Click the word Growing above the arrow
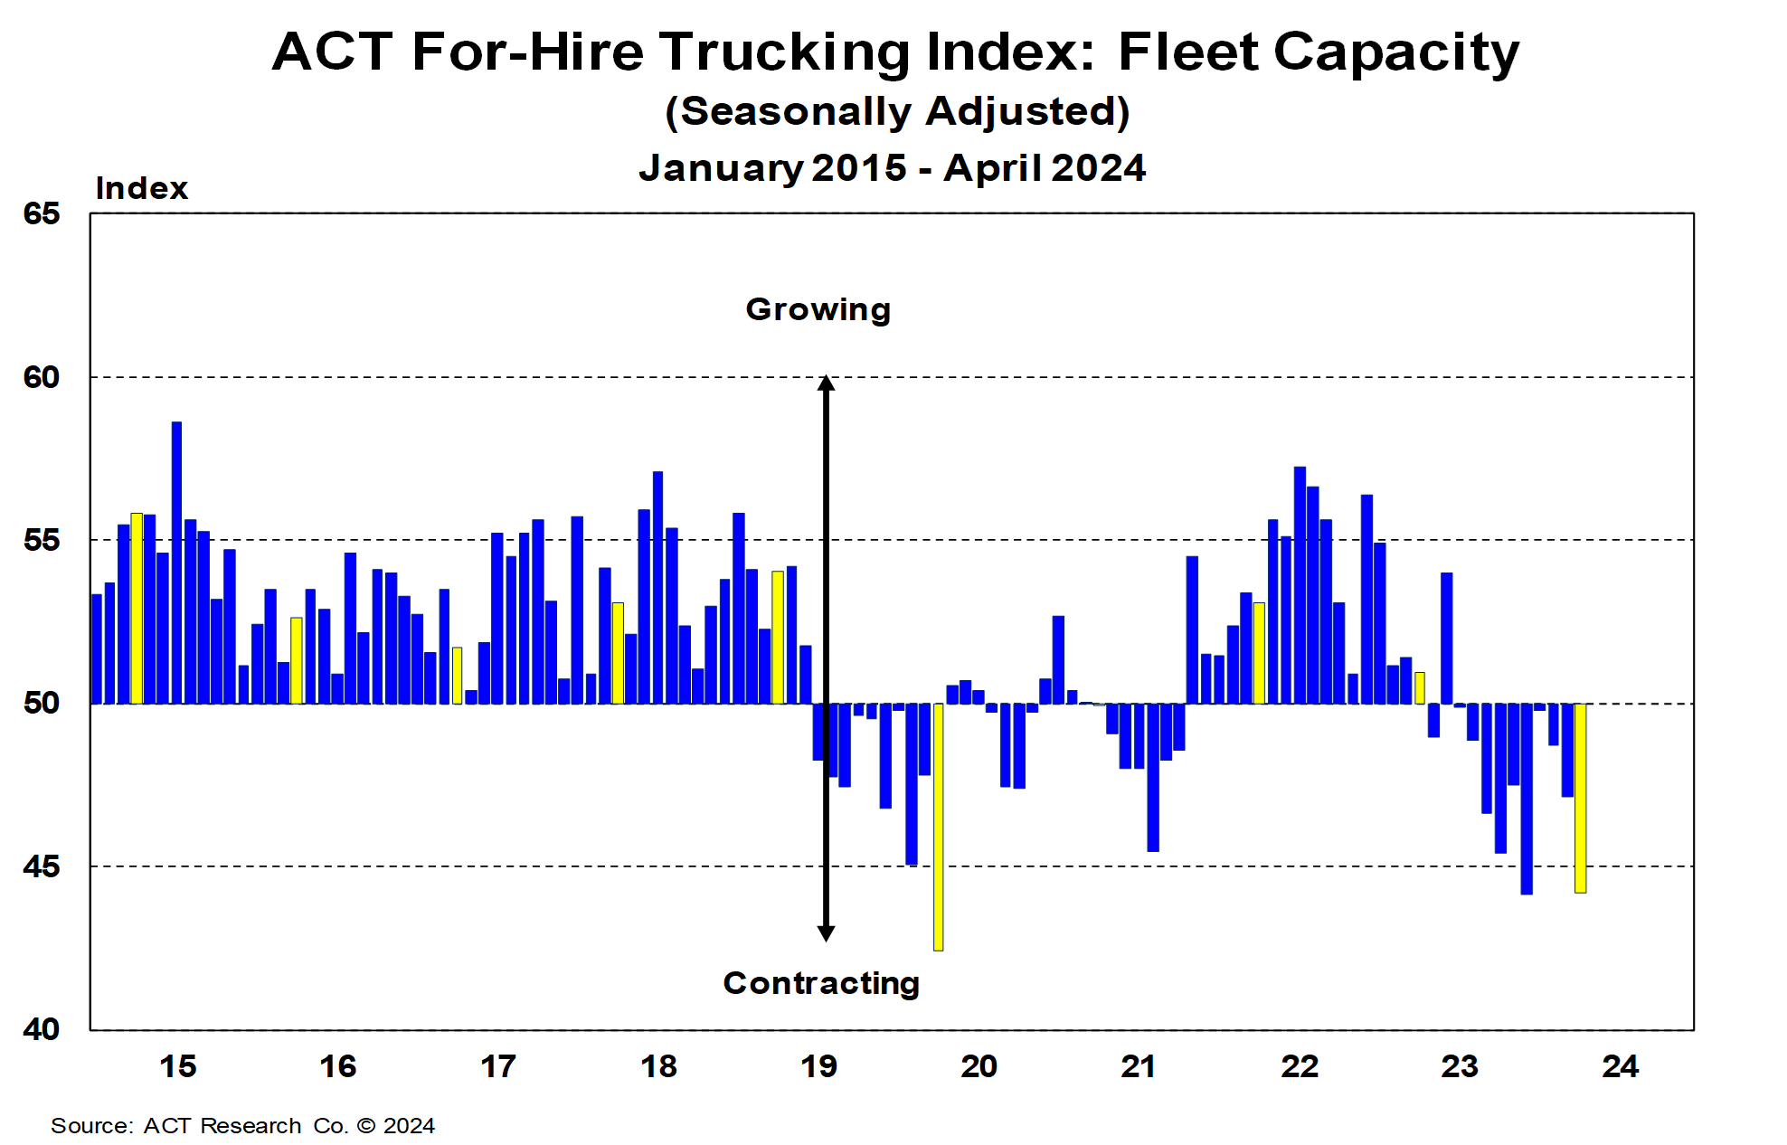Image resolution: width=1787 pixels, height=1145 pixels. click(x=818, y=309)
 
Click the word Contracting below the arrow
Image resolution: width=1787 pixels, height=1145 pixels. click(x=821, y=983)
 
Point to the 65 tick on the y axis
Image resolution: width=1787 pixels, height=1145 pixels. click(x=42, y=214)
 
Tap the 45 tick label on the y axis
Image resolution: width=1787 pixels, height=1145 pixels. click(x=42, y=866)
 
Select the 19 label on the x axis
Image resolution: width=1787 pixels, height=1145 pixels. click(x=818, y=1066)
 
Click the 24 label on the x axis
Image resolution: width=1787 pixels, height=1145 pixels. click(x=1620, y=1066)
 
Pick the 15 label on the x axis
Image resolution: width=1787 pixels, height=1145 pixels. click(x=177, y=1066)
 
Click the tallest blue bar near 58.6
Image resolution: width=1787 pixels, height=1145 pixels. click(x=176, y=561)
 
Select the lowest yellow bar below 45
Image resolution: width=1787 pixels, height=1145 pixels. click(x=938, y=828)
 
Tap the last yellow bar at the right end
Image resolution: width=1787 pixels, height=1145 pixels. click(x=1580, y=798)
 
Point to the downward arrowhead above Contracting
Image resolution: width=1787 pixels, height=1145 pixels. click(x=826, y=932)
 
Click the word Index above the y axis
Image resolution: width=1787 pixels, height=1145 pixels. click(x=142, y=188)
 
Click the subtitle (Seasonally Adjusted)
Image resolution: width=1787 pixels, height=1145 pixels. click(x=897, y=111)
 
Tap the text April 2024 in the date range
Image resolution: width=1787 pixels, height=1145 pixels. click(x=1045, y=168)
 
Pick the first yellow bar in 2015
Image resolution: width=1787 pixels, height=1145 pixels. click(x=137, y=608)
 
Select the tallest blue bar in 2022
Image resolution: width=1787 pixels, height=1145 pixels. click(x=1300, y=584)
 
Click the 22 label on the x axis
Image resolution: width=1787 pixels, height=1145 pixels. click(x=1299, y=1066)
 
